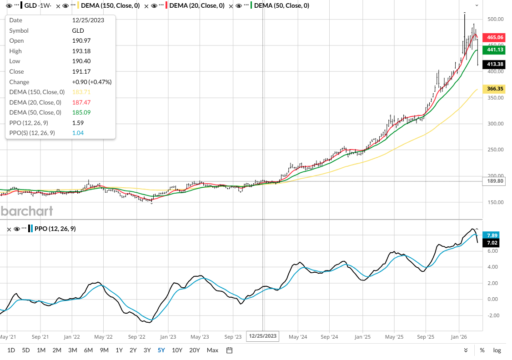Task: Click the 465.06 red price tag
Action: click(495, 37)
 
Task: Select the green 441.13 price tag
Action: click(495, 50)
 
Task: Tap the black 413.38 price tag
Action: click(495, 65)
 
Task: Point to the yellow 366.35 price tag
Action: click(495, 89)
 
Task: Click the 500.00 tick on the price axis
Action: click(495, 19)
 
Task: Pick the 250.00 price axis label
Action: click(495, 150)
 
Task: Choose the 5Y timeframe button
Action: click(161, 350)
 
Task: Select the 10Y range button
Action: click(177, 350)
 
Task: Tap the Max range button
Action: click(212, 350)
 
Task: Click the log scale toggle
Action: click(497, 350)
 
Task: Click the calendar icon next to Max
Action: click(230, 350)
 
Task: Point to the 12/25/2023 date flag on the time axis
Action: click(262, 336)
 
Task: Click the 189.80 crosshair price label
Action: click(495, 181)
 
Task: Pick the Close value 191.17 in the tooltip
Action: click(80, 71)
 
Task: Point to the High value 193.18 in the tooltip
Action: click(80, 51)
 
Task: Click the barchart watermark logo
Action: click(26, 211)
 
